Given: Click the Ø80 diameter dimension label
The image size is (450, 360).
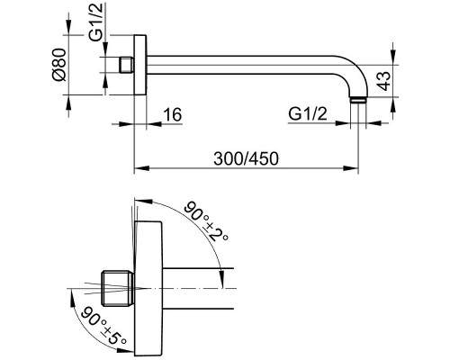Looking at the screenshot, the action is coord(58,65).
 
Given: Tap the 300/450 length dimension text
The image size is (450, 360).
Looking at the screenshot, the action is coord(246,158).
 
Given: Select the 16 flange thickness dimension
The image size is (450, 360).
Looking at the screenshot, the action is coord(173,114).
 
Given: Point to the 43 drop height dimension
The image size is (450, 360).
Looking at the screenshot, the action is coord(383,81).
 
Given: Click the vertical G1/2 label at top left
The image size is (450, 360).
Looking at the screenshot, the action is coord(96,22).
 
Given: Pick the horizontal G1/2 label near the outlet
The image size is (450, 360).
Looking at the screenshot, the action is coord(308,113).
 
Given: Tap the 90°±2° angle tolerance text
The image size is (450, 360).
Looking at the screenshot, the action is coord(206,221).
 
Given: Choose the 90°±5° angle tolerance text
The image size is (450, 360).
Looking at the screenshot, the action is coord(103,326).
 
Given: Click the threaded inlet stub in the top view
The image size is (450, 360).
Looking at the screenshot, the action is coord(127,65).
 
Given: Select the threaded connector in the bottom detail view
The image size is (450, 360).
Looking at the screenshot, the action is coord(118,289).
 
